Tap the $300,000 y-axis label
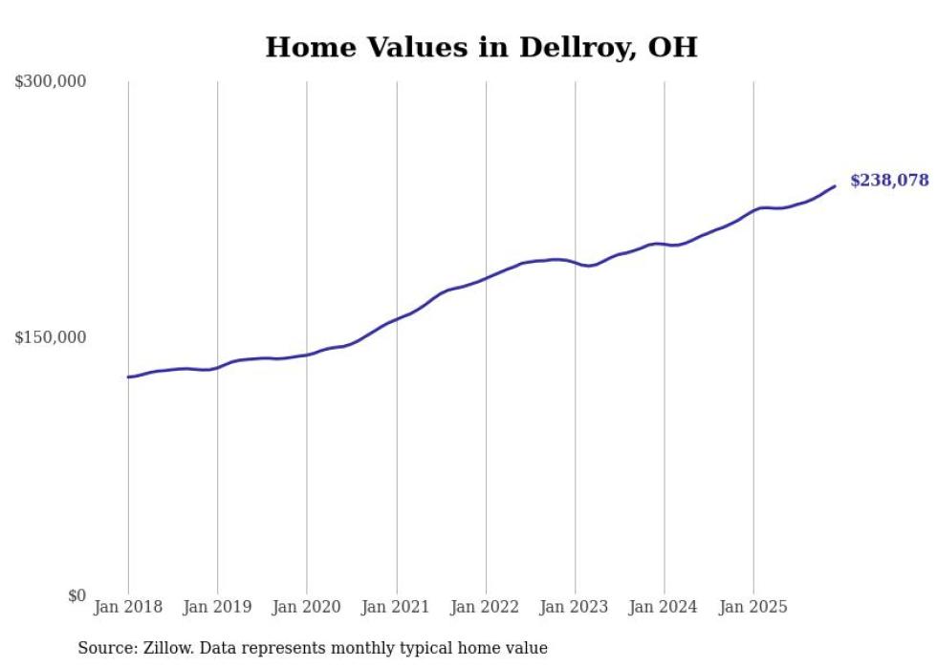pyautogui.click(x=51, y=82)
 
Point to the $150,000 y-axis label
pyautogui.click(x=51, y=337)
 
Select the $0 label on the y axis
pyautogui.click(x=76, y=595)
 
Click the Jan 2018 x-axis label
pyautogui.click(x=128, y=607)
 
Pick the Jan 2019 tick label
pyautogui.click(x=217, y=607)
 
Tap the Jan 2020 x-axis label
pyautogui.click(x=307, y=607)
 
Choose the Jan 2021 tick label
pyautogui.click(x=396, y=607)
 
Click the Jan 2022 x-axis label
pyautogui.click(x=486, y=607)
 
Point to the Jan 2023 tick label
pyautogui.click(x=575, y=607)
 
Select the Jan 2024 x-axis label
pyautogui.click(x=664, y=607)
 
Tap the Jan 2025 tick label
pyautogui.click(x=753, y=607)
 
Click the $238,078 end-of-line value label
pyautogui.click(x=888, y=181)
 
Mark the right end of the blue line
pyautogui.click(x=835, y=186)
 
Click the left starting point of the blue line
pyautogui.click(x=128, y=377)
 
